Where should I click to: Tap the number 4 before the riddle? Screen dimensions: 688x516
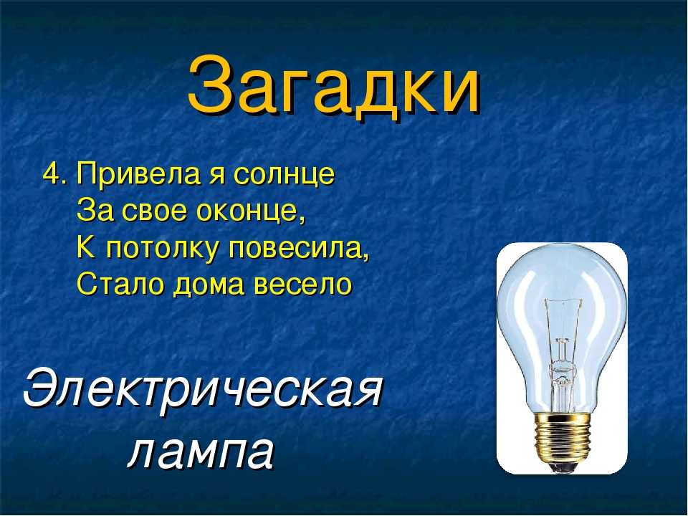click(x=52, y=175)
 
